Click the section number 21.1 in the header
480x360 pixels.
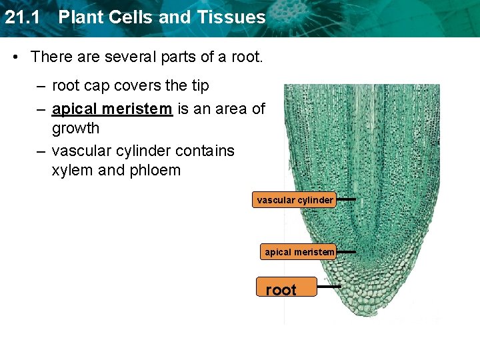pos(23,17)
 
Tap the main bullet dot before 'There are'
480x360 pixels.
pos(17,57)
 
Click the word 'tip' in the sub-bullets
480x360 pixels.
pos(200,86)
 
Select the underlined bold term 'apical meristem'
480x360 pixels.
pos(112,109)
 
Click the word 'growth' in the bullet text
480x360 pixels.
pos(75,128)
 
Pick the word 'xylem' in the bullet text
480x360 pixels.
pos(72,171)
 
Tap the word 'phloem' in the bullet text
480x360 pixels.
pos(156,171)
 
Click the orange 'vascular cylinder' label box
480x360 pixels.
pos(295,200)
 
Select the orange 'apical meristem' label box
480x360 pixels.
pos(299,252)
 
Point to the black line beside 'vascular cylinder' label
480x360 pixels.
pos(345,199)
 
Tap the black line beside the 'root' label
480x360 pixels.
pos(329,286)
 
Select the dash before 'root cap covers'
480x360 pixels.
pos(41,86)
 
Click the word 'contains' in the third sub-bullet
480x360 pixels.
pos(204,151)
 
